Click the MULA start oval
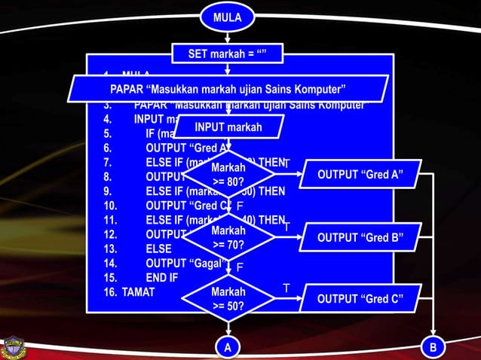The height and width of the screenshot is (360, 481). [x=228, y=17]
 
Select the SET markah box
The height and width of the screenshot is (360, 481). [x=228, y=54]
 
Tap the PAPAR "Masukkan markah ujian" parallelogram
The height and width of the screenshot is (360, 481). [x=228, y=88]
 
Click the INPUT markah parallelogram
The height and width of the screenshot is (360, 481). [x=228, y=127]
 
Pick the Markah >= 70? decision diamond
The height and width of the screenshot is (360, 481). [x=228, y=237]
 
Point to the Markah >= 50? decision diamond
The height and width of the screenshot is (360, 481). [x=228, y=298]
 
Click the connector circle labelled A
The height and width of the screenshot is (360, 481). [x=228, y=347]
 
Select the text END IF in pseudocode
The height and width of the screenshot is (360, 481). [x=162, y=277]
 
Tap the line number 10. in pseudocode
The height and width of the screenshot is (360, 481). [x=111, y=205]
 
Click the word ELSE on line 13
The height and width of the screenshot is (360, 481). [x=158, y=248]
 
